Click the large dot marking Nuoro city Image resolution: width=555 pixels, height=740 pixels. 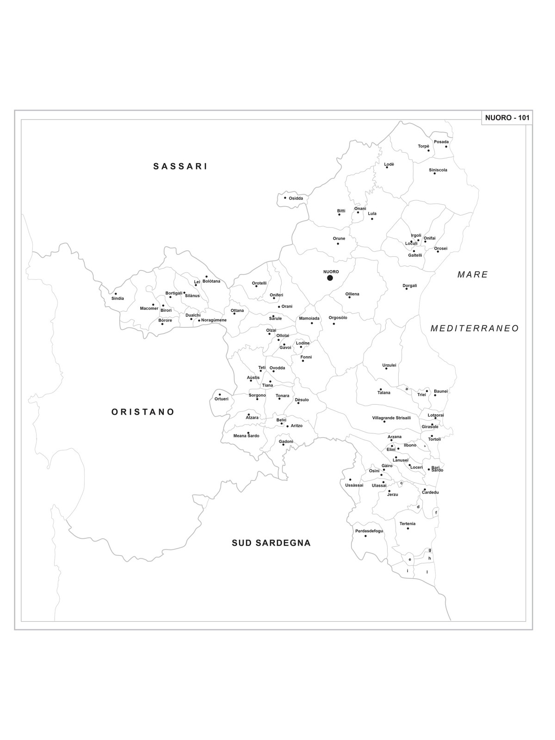coord(330,277)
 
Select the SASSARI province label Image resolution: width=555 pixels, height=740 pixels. coord(180,166)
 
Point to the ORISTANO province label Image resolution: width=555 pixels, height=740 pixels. coord(143,412)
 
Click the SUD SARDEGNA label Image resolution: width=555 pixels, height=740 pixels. coord(271,543)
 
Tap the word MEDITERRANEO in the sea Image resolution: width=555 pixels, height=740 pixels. coord(475,328)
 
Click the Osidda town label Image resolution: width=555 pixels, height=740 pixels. coord(296,198)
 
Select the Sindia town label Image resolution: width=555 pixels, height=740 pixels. coord(117,298)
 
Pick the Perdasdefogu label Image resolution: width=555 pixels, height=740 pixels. coord(369,531)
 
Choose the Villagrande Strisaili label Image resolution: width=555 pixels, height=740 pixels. coord(391,418)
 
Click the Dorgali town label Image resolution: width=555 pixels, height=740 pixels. coord(410,285)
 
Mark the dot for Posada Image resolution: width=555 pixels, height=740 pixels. coord(446,147)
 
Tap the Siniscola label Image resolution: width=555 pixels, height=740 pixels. coord(438,170)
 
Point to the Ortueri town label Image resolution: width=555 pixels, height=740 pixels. coord(222,399)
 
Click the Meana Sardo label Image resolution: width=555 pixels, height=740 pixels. coord(246,436)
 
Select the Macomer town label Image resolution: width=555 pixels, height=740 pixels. coord(149,308)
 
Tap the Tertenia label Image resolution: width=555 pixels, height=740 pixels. coord(407,524)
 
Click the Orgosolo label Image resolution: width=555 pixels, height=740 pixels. coord(338,318)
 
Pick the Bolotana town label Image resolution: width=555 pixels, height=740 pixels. coord(211,281)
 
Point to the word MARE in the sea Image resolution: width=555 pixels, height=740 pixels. coord(473,275)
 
